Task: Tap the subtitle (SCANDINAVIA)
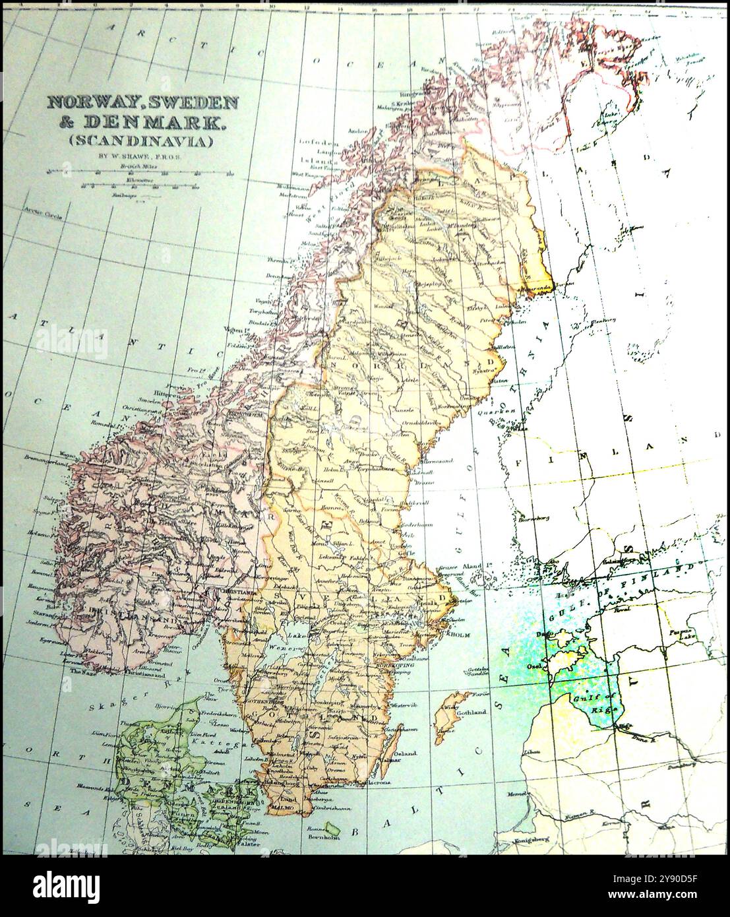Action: click(140, 141)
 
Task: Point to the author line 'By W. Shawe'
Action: click(139, 157)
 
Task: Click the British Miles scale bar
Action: click(139, 173)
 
